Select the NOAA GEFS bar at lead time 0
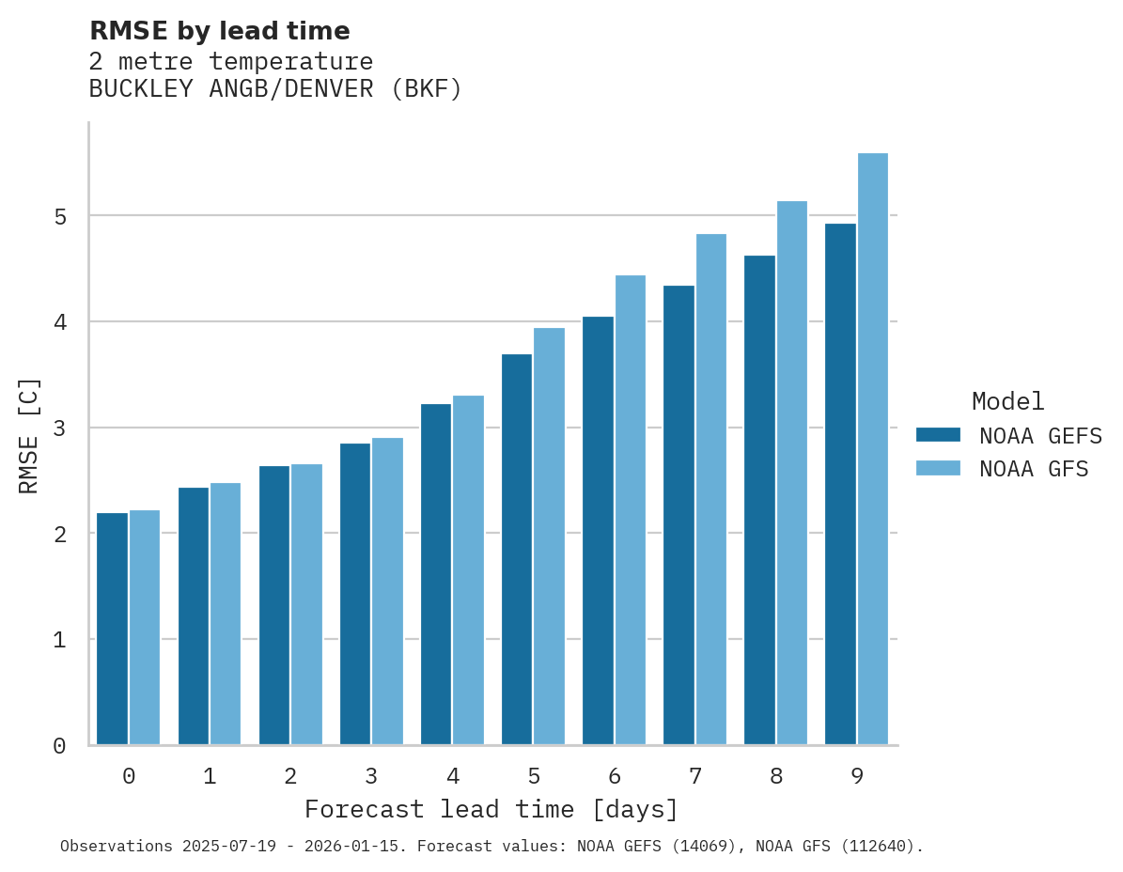tap(112, 629)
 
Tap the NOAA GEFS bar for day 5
tap(517, 550)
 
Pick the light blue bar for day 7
tap(711, 489)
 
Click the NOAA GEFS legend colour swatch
tap(938, 435)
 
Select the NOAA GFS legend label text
tap(1034, 469)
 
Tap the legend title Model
tap(1007, 401)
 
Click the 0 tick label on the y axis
tap(59, 746)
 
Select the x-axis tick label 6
tap(615, 776)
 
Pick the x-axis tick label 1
tap(210, 776)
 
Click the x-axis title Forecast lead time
tap(491, 809)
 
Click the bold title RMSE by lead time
tap(219, 31)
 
